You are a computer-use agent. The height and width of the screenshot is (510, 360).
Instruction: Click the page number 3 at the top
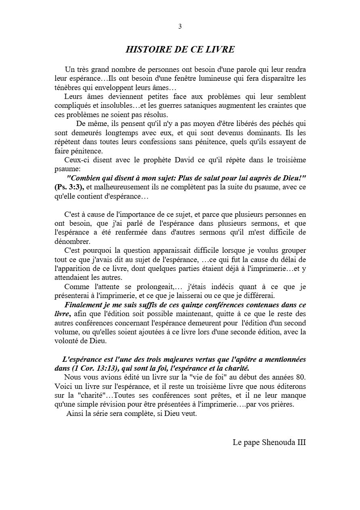click(x=180, y=27)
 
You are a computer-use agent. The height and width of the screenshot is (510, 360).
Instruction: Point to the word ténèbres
click(x=68, y=87)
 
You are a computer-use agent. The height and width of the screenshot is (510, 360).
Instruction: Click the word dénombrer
click(x=71, y=241)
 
